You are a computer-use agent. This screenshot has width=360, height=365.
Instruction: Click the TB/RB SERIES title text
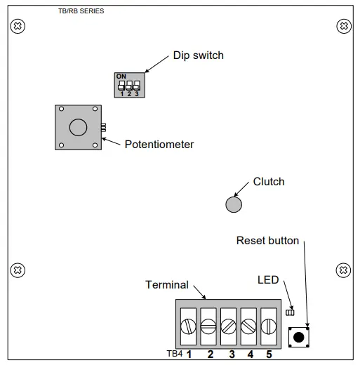tap(81, 11)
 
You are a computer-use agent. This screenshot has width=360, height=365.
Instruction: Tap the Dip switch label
tap(199, 55)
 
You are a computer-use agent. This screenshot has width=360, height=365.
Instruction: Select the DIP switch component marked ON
tap(128, 84)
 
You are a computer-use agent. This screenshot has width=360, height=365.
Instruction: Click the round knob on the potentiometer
tap(78, 126)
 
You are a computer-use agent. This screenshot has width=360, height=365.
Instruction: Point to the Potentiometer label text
tap(159, 145)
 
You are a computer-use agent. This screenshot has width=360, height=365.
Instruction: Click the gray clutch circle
tap(234, 204)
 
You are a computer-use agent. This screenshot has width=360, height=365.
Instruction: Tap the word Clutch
tap(269, 182)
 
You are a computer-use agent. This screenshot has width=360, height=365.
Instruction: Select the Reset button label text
tap(267, 241)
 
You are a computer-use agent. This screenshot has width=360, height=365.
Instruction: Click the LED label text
tap(268, 279)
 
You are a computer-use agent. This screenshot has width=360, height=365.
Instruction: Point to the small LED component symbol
tap(290, 312)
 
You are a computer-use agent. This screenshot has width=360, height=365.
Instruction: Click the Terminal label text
tap(167, 284)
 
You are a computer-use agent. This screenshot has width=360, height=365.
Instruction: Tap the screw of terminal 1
tap(189, 326)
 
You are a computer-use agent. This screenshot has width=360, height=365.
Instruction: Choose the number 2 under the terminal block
tap(210, 354)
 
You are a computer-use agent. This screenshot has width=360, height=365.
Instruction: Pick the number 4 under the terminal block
tap(250, 354)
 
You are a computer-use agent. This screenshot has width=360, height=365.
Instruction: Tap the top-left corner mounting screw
tap(20, 26)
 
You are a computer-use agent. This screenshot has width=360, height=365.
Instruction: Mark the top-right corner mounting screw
tap(343, 26)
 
